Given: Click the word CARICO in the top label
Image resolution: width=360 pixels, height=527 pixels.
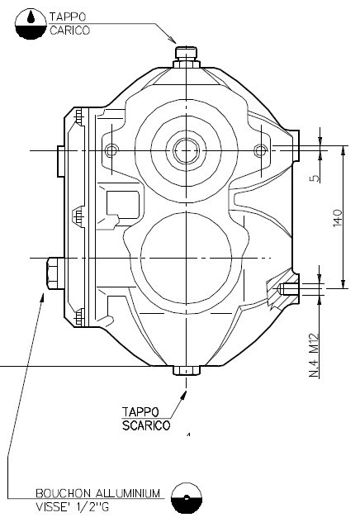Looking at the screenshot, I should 68,28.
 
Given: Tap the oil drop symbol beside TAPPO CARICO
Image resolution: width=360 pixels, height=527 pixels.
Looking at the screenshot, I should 31,22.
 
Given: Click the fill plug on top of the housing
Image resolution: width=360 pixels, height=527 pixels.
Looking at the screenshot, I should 188,54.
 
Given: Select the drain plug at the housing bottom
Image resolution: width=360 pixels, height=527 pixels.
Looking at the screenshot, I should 187,371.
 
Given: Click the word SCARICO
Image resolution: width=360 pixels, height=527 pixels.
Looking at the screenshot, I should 145,425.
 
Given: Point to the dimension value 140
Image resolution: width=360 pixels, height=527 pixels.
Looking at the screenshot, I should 337,218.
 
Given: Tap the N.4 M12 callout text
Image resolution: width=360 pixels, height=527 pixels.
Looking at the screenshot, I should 315,352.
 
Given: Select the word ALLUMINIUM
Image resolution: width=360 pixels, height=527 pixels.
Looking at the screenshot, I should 124,493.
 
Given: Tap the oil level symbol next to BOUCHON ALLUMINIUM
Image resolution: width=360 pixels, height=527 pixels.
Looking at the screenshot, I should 187,500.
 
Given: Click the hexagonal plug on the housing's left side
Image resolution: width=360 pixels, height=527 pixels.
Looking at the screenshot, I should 50,273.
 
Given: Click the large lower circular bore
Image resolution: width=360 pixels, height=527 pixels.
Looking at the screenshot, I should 186,253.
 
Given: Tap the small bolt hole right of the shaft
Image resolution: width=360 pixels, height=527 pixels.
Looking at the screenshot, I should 260,150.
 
